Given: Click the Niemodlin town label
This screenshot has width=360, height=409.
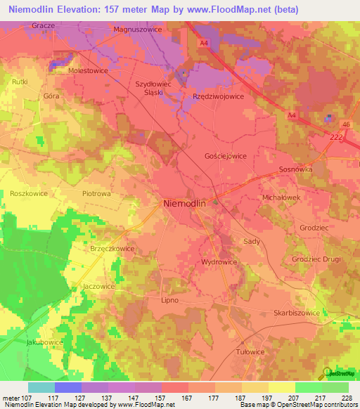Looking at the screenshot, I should click(x=184, y=203).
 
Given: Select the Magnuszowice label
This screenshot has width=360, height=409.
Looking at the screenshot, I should click(x=138, y=30).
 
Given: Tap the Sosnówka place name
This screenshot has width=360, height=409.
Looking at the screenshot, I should click(x=295, y=170).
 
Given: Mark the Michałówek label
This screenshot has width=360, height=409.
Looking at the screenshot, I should click(x=281, y=199).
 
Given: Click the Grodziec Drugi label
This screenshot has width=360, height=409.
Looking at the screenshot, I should click(x=316, y=258).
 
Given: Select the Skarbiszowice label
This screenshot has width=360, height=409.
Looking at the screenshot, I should click(x=296, y=313).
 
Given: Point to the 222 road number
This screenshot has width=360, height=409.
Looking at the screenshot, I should click(x=336, y=138).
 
